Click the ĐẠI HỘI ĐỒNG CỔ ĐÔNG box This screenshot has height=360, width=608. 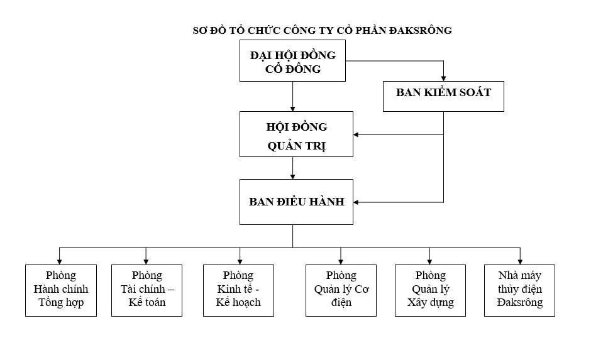pyautogui.click(x=292, y=62)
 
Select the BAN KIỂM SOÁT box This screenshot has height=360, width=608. pyautogui.click(x=443, y=92)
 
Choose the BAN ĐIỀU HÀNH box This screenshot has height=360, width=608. pyautogui.click(x=296, y=202)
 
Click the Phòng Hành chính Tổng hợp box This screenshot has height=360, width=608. pyautogui.click(x=61, y=290)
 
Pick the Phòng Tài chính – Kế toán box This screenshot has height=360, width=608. pyautogui.click(x=146, y=290)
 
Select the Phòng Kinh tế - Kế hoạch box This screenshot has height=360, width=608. pyautogui.click(x=238, y=290)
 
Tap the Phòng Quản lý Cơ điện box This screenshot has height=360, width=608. pyautogui.click(x=341, y=290)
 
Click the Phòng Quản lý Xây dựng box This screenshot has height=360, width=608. pyautogui.click(x=430, y=290)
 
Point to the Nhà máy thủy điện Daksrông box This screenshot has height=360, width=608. pyautogui.click(x=519, y=290)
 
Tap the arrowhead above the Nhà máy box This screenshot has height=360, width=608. pyautogui.click(x=520, y=260)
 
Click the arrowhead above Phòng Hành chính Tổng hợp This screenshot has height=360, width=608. pyautogui.click(x=60, y=260)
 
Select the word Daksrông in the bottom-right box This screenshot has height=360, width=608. pyautogui.click(x=519, y=303)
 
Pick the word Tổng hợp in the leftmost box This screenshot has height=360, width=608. pyautogui.click(x=61, y=303)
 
